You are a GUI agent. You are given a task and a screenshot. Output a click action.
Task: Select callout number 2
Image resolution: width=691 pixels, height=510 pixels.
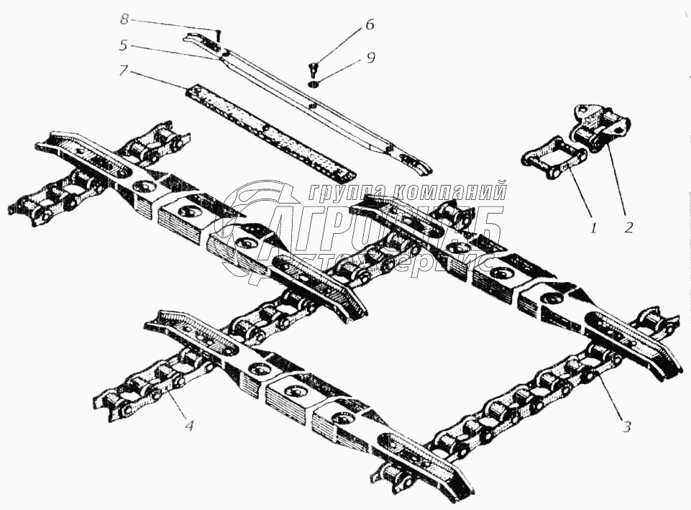click(628, 228)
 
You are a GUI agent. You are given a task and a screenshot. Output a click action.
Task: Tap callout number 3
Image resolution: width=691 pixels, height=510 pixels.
click(626, 426)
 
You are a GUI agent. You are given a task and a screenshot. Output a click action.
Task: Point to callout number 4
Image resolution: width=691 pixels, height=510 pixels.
click(188, 426)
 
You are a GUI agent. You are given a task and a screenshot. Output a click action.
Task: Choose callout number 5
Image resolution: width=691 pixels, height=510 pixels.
click(124, 45)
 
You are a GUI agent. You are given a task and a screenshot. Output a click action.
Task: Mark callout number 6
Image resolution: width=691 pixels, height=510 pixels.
click(369, 25)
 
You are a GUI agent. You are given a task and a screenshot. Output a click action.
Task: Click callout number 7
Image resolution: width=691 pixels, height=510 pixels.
click(124, 70)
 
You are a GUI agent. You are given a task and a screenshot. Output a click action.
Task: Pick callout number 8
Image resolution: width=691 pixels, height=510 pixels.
click(124, 17)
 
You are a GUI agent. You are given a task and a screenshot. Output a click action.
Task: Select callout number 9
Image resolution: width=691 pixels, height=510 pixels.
click(370, 58)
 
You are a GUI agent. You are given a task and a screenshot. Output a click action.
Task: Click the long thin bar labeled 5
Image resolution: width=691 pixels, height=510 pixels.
click(309, 101)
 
